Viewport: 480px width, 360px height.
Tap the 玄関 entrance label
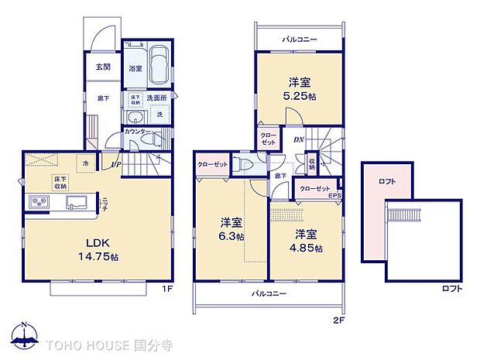103,67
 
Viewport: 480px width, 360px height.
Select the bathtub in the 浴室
159,66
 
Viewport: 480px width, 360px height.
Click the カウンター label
136,132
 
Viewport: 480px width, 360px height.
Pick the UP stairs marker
115,165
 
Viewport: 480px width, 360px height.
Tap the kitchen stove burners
39,203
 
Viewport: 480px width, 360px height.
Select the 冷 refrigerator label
85,165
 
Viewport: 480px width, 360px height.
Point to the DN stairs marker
299,140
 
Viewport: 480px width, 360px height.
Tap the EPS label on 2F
335,195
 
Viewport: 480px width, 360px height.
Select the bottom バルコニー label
269,294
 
